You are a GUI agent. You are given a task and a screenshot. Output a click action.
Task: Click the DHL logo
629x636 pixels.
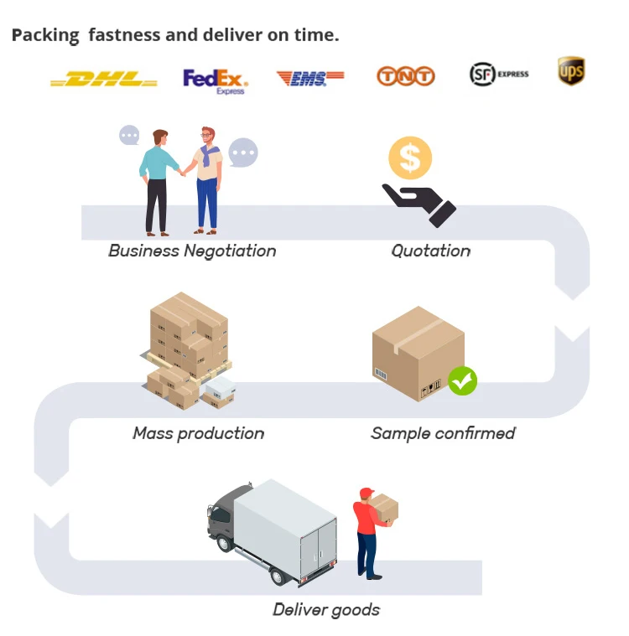click(103, 80)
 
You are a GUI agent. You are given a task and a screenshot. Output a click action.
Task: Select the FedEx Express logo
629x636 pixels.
click(216, 80)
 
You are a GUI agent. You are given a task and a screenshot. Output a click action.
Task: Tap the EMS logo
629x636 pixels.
click(309, 78)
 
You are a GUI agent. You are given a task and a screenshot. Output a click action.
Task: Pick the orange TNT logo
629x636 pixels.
click(406, 76)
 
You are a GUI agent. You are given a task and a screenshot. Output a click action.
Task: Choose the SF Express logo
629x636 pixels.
click(499, 75)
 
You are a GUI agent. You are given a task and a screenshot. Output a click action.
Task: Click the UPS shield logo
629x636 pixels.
click(571, 71)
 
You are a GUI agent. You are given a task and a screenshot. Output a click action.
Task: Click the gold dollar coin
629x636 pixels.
click(410, 158)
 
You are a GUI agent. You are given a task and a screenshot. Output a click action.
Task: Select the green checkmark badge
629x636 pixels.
click(462, 380)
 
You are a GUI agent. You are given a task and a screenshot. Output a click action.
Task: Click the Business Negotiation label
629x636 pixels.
click(192, 251)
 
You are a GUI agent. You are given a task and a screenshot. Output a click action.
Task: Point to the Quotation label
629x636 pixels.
click(431, 251)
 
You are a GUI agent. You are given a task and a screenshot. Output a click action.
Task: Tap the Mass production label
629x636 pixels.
click(199, 433)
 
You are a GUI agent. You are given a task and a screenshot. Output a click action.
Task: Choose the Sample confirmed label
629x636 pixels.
click(443, 433)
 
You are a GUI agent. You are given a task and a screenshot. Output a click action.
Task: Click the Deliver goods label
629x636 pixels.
click(326, 609)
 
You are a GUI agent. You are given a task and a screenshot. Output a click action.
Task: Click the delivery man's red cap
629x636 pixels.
click(366, 493)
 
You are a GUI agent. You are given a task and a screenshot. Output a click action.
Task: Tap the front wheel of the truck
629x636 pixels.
click(226, 542)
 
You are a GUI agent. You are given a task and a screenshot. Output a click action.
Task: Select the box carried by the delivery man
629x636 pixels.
click(384, 507)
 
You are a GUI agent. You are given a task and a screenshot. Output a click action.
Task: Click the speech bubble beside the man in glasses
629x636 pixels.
click(243, 153)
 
